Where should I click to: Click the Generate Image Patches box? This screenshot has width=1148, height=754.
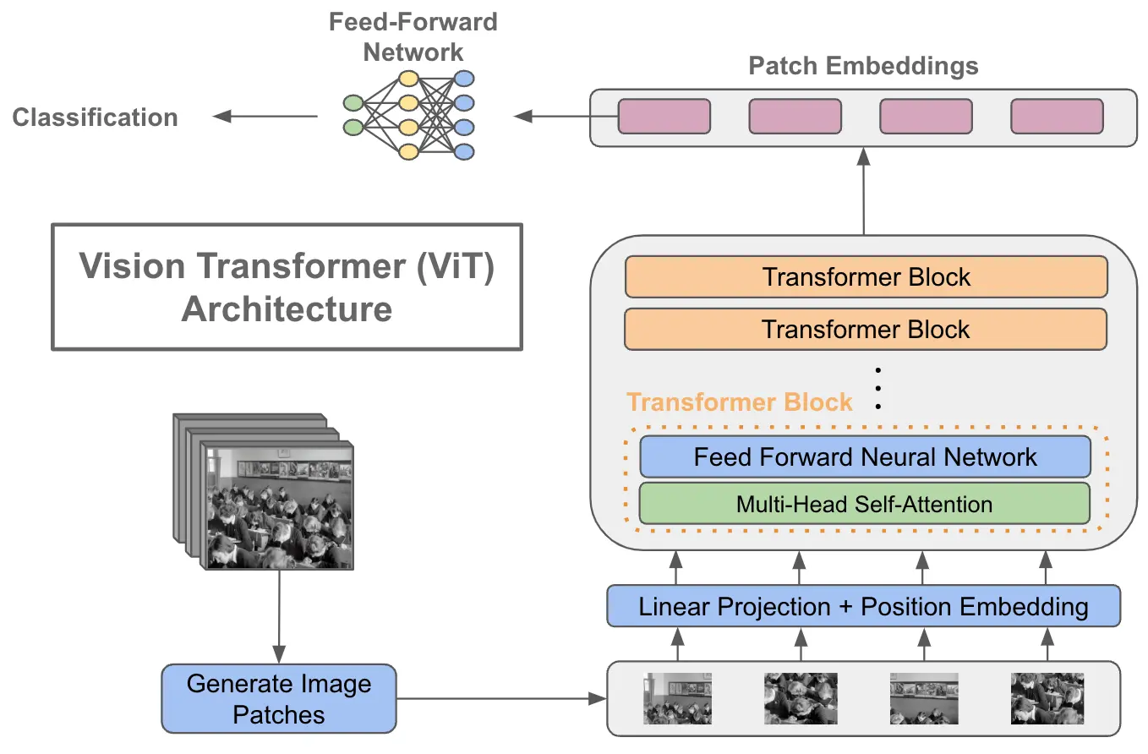278,698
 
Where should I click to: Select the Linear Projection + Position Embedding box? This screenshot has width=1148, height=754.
863,606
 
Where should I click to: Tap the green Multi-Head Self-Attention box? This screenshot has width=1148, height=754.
864,504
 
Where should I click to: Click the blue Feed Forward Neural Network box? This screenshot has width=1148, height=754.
865,457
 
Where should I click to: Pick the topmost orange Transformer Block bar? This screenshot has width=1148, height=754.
866,277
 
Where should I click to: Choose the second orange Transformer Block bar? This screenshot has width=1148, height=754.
866,329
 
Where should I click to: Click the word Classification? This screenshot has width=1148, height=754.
95,117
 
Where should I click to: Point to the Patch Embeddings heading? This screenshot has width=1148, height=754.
863,66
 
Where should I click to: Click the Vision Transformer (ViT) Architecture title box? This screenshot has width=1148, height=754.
287,287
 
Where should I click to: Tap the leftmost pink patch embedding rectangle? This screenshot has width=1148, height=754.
664,117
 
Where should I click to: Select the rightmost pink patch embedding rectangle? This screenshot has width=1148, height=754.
1057,117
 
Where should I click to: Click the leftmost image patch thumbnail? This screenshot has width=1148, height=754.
677,698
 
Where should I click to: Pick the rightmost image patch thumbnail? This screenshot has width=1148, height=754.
1047,698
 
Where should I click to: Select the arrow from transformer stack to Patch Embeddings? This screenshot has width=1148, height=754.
863,191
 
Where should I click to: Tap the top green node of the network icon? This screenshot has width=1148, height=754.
353,104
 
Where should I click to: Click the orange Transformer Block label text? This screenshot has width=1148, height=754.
739,402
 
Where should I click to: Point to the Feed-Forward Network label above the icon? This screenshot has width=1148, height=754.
413,36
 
